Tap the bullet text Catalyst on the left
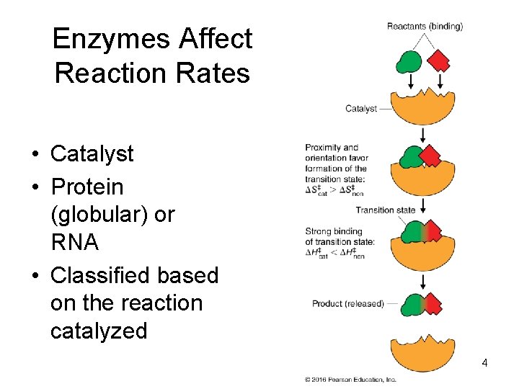(92, 153)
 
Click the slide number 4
(484, 363)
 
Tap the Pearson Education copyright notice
(350, 379)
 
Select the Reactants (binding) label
(425, 27)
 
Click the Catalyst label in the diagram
(360, 109)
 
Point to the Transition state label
(386, 210)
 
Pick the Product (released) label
(347, 303)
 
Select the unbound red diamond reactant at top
(438, 61)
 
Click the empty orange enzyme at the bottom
(422, 353)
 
